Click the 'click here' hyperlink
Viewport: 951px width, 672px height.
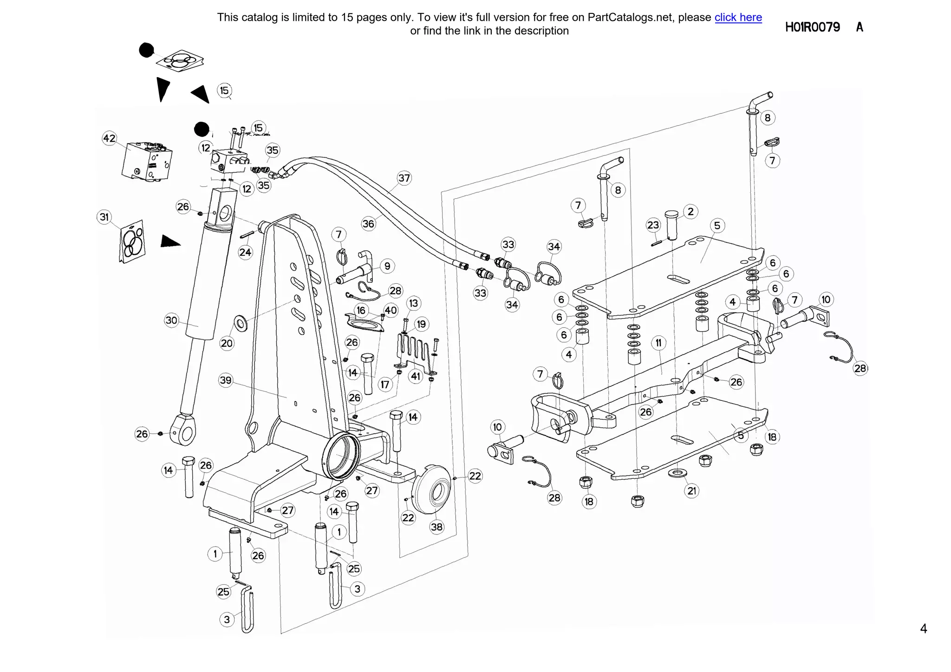tap(738, 18)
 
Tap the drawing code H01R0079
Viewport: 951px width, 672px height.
tap(812, 27)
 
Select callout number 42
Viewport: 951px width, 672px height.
tap(109, 138)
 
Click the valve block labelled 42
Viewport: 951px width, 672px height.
tap(147, 162)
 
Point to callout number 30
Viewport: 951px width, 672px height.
tap(171, 320)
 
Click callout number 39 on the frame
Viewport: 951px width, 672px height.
tap(226, 380)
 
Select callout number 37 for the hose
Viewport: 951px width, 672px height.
tap(404, 178)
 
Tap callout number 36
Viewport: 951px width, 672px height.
tap(368, 224)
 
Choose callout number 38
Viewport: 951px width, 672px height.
tap(436, 527)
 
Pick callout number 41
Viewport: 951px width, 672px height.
tap(416, 376)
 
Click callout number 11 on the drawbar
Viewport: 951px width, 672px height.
tap(658, 343)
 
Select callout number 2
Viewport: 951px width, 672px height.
tap(690, 212)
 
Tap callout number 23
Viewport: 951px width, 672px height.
tap(653, 225)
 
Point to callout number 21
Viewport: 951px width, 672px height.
tap(692, 491)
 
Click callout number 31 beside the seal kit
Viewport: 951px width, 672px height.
tap(104, 217)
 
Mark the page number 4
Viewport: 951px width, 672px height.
tap(923, 628)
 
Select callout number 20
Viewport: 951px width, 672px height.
tap(227, 343)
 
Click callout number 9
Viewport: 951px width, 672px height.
tap(387, 266)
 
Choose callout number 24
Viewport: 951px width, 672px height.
tap(245, 252)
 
